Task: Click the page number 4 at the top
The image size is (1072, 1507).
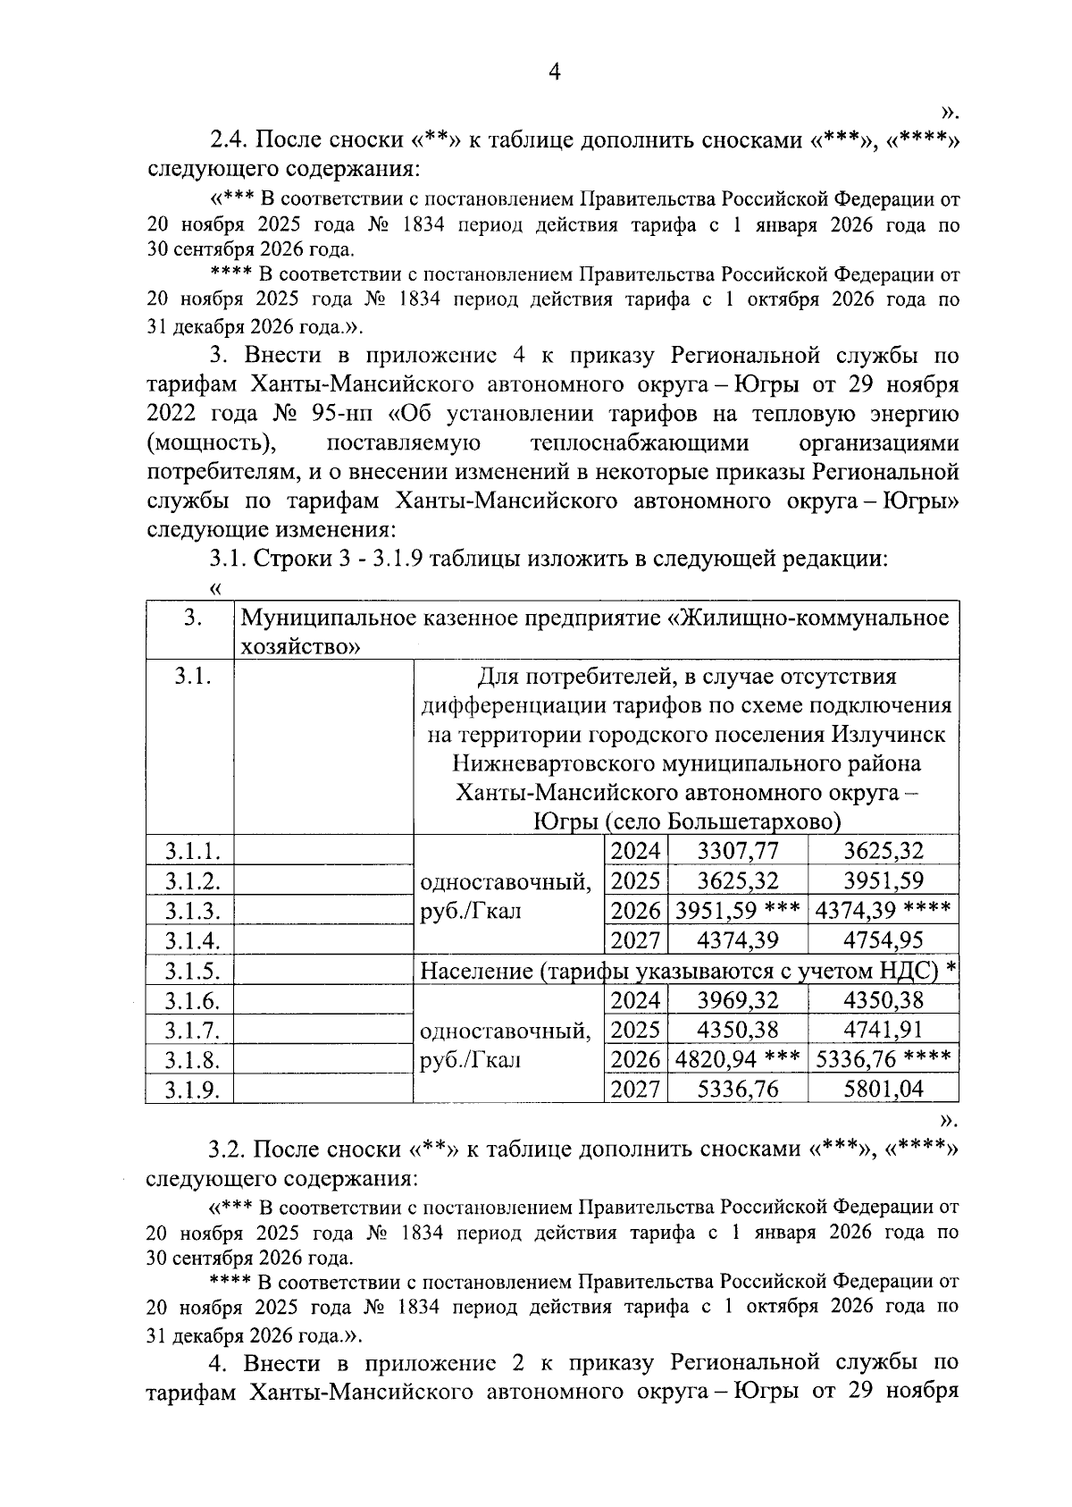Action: click(554, 72)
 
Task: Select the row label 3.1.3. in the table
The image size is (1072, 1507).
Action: click(192, 911)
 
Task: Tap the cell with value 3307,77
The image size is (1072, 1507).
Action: click(737, 851)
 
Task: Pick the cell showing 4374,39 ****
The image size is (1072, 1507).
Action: click(883, 911)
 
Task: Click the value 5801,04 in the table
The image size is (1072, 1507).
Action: click(883, 1089)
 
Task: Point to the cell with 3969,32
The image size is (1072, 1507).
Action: click(737, 1000)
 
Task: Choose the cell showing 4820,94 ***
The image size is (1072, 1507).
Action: click(737, 1060)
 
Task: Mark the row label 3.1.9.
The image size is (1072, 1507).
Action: click(192, 1089)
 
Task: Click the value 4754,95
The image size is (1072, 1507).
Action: click(883, 940)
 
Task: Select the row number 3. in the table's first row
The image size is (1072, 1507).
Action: click(189, 618)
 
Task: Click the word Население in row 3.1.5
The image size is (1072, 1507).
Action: click(476, 970)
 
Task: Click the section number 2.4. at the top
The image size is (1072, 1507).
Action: click(230, 140)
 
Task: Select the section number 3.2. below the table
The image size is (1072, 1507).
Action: click(230, 1149)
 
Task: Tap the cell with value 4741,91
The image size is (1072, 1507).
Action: click(883, 1030)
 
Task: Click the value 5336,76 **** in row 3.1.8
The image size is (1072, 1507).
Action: click(883, 1060)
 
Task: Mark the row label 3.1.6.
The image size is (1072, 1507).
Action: click(192, 1000)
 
